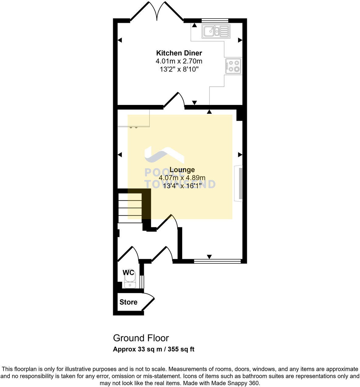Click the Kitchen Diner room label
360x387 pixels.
(179, 53)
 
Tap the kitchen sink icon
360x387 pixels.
(216, 31)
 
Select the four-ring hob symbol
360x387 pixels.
(233, 66)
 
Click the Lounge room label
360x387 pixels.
(182, 170)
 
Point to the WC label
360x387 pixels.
(128, 273)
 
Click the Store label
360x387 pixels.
(128, 302)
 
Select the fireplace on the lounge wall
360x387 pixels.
(239, 183)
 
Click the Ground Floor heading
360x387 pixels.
(141, 338)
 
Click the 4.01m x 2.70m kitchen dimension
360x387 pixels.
(179, 61)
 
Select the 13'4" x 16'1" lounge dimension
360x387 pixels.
(182, 186)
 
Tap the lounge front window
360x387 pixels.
(217, 261)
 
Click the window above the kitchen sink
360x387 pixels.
(215, 20)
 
